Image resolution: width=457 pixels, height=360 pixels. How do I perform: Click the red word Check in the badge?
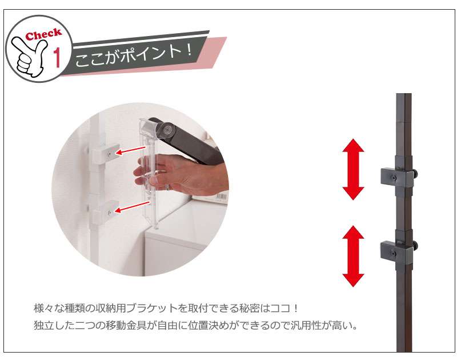[43, 34]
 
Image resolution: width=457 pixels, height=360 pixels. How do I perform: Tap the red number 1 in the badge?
[57, 57]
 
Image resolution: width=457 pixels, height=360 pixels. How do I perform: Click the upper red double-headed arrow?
[353, 169]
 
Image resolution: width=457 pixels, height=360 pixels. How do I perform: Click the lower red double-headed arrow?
[353, 256]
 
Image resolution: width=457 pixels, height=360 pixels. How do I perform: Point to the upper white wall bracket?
[105, 154]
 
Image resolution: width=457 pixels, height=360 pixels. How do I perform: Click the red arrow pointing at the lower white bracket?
[133, 207]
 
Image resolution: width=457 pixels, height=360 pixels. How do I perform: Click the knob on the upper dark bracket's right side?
[416, 175]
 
